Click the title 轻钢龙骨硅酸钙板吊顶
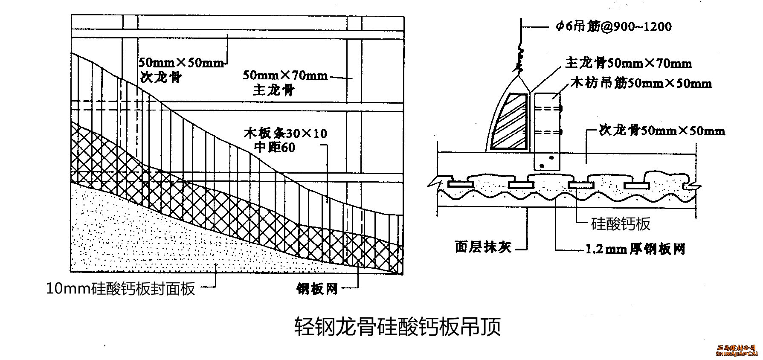click(397, 327)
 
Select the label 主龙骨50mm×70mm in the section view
click(628, 64)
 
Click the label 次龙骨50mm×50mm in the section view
click(662, 130)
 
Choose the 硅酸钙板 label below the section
click(621, 223)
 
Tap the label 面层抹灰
click(483, 247)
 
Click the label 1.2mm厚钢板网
click(635, 249)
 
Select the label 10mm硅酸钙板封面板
click(121, 289)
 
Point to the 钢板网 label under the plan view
click(317, 289)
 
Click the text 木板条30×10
click(285, 134)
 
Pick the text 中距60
click(275, 148)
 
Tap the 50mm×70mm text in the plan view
click(285, 76)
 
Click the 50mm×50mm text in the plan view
click(181, 63)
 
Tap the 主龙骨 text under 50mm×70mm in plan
click(274, 90)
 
